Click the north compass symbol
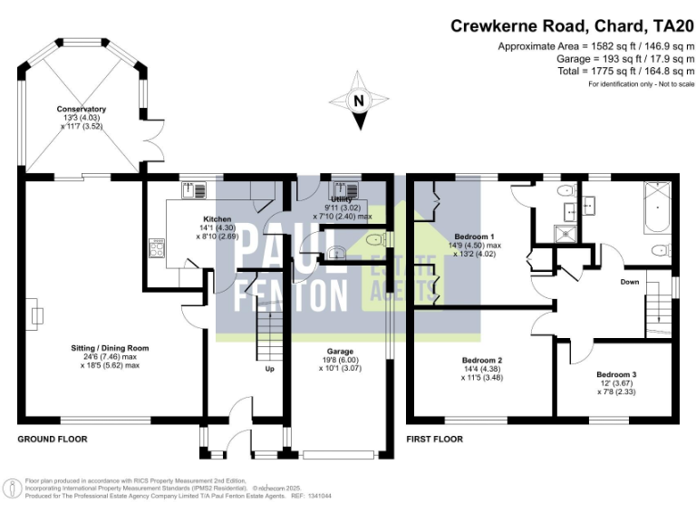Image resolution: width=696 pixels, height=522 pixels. [359, 101]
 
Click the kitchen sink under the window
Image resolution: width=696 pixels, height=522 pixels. [195, 189]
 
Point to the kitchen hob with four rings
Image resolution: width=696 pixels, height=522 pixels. [155, 248]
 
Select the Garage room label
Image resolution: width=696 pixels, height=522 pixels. [340, 352]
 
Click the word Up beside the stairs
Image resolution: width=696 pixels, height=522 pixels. [269, 370]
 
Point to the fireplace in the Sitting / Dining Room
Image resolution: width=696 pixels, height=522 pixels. [37, 315]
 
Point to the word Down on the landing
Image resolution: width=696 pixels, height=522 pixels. [630, 282]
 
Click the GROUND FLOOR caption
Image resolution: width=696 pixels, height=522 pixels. [53, 439]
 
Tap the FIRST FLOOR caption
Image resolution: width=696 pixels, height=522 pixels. [435, 439]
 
